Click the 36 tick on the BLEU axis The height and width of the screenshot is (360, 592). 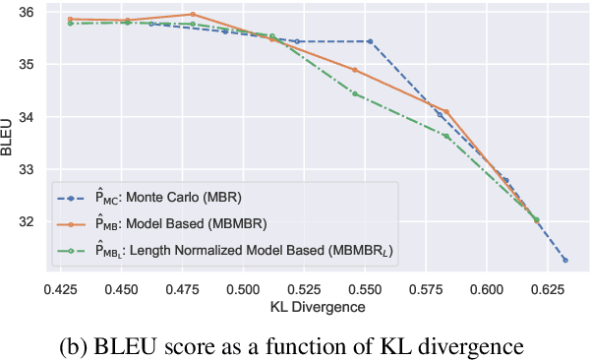(x=26, y=13)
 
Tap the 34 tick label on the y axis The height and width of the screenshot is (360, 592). (x=26, y=117)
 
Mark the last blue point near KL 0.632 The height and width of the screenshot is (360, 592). (x=565, y=260)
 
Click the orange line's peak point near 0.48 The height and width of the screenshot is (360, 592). (x=193, y=15)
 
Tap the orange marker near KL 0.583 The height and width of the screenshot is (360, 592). (x=445, y=112)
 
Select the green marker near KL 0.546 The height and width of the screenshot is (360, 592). (x=355, y=93)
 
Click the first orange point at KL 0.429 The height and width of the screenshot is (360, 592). (x=70, y=19)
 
